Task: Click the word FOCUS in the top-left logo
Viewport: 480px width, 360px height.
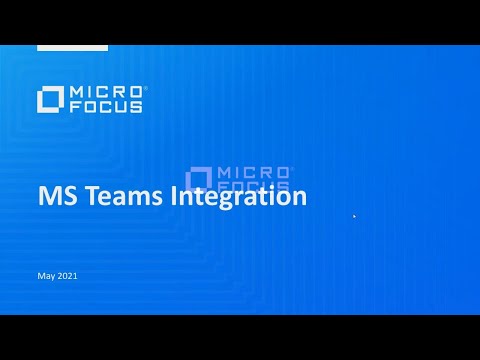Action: [105, 105]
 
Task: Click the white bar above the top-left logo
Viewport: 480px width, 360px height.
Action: [72, 47]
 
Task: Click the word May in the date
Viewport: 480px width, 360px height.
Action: [45, 275]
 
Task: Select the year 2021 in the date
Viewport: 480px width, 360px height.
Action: [66, 275]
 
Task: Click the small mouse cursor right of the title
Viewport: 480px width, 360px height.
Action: [354, 215]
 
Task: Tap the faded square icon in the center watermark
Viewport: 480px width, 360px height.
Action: [198, 179]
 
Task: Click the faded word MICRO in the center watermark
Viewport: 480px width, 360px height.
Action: [252, 172]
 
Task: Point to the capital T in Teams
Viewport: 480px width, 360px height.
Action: [97, 197]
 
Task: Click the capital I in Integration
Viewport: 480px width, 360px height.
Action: [178, 197]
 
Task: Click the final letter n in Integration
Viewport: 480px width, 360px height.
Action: [298, 198]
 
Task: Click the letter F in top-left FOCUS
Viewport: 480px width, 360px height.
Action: [74, 105]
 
